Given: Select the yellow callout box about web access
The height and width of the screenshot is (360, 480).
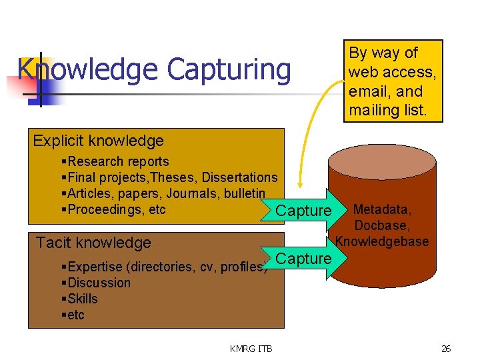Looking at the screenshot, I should (393, 81).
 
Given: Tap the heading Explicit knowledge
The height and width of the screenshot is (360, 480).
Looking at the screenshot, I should (98, 141).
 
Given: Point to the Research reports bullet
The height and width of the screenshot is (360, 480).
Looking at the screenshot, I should (118, 161).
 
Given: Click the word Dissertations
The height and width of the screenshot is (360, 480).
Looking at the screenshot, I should (239, 177).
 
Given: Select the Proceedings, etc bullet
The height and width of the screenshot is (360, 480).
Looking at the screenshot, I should (116, 209).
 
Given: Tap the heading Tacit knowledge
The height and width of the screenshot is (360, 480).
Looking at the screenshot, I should (93, 243).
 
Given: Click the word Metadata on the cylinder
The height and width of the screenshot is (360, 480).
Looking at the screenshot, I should (382, 211).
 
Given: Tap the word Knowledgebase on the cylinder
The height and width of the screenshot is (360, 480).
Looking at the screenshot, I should (382, 241).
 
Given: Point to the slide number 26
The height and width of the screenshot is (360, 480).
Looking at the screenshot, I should (445, 348).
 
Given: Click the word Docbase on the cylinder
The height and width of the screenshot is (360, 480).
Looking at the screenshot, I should (382, 226).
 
